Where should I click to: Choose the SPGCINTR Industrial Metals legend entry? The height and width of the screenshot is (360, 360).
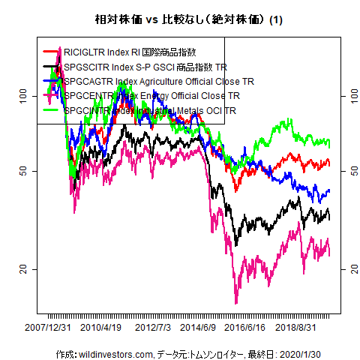[x=150, y=111]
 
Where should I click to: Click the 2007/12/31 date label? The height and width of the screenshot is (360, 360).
[x=49, y=328]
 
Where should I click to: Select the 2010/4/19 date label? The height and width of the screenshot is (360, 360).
[x=102, y=328]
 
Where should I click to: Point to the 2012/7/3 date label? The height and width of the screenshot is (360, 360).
[x=153, y=328]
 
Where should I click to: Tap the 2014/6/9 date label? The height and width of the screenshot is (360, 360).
[x=198, y=328]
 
